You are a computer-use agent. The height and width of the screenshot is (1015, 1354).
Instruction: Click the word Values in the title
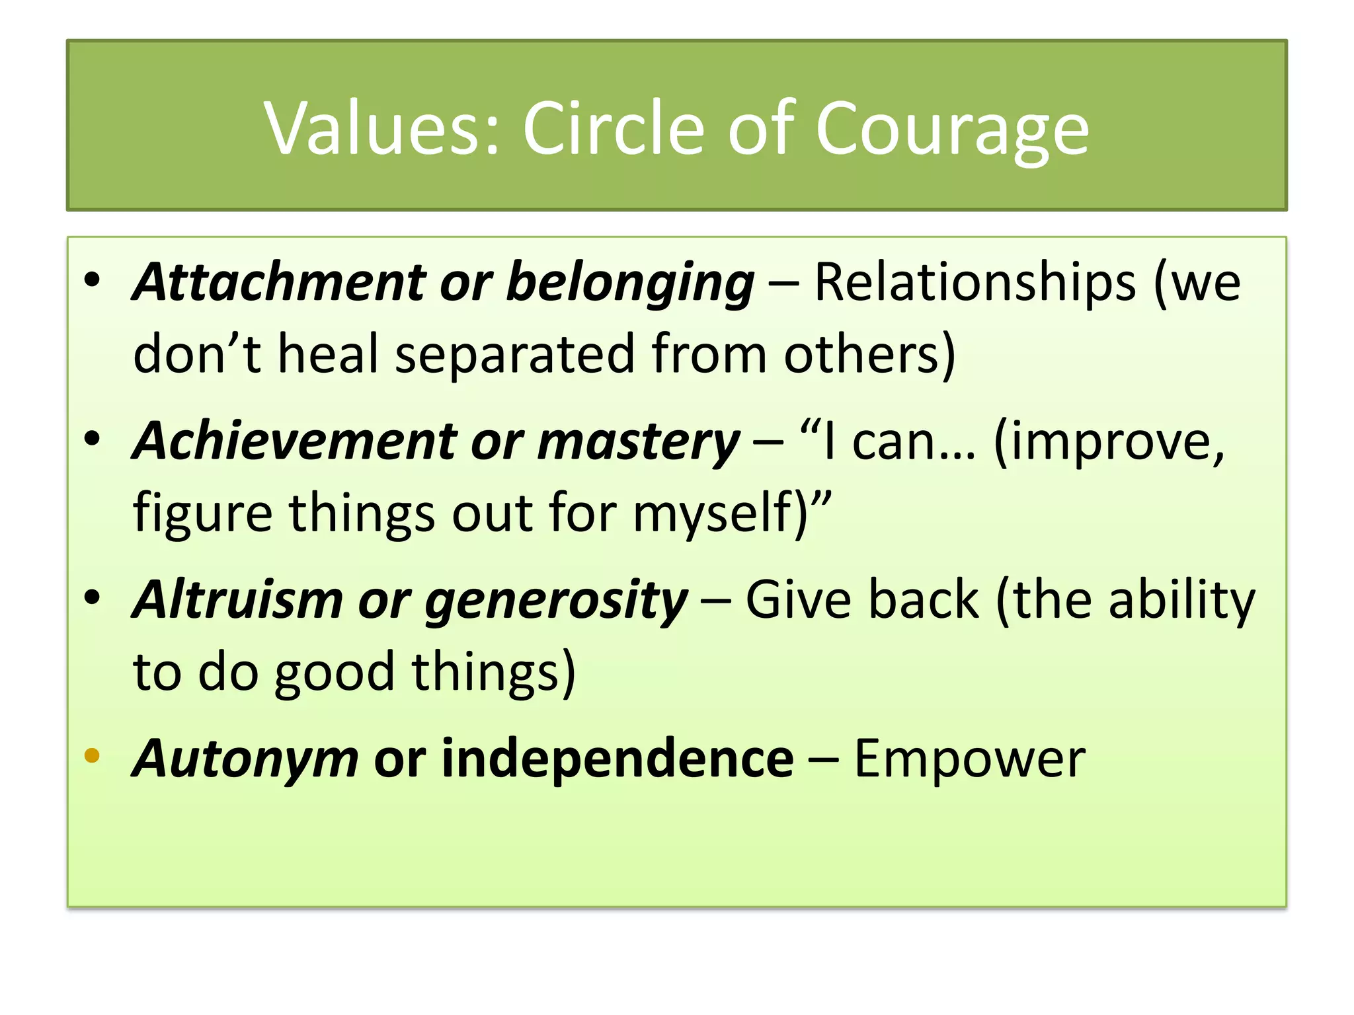coord(379,128)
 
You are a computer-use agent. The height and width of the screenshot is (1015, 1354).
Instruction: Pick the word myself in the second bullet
coord(717,513)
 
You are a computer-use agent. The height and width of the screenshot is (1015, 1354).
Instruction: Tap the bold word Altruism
coord(237,599)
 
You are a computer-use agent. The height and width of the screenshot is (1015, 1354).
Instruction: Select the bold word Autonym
coord(245,759)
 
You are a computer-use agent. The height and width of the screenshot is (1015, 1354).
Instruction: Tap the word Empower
coord(969,759)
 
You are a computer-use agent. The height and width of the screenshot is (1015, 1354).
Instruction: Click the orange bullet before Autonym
coord(92,755)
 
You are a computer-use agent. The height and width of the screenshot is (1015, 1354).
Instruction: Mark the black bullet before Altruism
coord(92,597)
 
